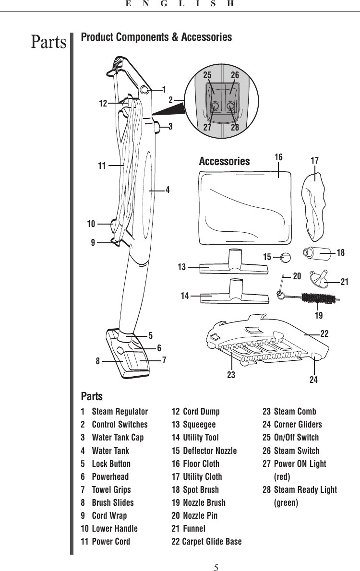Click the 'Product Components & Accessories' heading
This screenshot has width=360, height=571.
point(156,37)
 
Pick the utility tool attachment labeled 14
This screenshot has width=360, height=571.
point(235,294)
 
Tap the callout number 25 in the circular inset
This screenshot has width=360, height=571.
point(207,75)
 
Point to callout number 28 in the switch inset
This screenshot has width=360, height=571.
point(235,127)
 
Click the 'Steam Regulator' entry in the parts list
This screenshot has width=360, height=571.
point(120,412)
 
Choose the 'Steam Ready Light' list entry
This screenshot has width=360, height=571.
point(305,489)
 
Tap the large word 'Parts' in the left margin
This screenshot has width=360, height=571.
point(48,42)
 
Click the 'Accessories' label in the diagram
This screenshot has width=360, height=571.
point(224,161)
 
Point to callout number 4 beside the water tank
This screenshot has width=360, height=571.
point(168,190)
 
